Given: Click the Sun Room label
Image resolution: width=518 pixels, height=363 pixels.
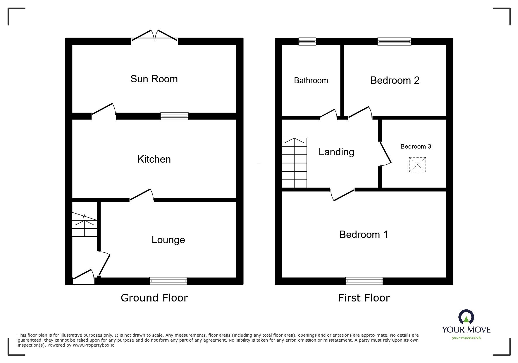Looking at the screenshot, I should (x=154, y=79).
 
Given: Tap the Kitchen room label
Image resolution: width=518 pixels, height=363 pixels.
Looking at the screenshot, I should (x=154, y=159).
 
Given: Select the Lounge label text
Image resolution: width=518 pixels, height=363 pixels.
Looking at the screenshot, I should (x=168, y=240).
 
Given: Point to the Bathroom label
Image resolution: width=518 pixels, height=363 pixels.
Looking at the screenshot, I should (x=311, y=81).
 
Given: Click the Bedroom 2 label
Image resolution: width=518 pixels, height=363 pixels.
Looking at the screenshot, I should (x=395, y=80).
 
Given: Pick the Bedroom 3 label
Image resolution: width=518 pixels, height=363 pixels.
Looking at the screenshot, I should (x=416, y=146).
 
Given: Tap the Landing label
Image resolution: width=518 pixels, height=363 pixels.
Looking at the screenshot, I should (x=336, y=152).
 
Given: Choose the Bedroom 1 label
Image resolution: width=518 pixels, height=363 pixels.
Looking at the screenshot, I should (x=364, y=234).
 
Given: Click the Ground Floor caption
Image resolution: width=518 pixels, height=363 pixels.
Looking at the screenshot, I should (x=154, y=298).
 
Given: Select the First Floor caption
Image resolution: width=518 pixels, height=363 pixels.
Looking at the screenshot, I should (x=364, y=298).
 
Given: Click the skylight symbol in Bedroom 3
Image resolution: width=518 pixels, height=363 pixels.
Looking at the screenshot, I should (x=417, y=165).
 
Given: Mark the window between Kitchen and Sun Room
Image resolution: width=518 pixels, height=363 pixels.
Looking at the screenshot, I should (x=174, y=116).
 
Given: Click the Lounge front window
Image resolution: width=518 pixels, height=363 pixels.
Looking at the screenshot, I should (x=168, y=281).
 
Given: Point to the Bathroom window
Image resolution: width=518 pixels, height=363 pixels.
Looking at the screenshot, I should (x=307, y=42).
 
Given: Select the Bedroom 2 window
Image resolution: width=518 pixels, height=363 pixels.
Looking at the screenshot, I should (x=394, y=42).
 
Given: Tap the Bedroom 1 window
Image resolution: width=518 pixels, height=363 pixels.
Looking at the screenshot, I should (x=364, y=281).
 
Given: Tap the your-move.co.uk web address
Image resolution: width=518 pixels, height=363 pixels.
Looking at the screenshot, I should (x=466, y=338).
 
